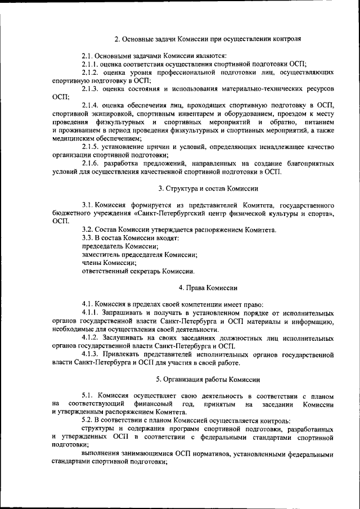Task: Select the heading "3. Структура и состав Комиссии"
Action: (208, 188)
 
